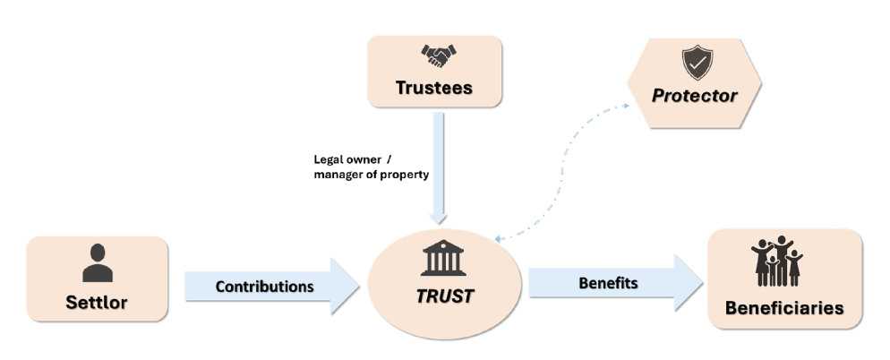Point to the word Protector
pyautogui.click(x=695, y=96)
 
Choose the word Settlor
pyautogui.click(x=97, y=302)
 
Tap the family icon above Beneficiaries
pyautogui.click(x=775, y=261)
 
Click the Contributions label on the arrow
pyautogui.click(x=264, y=287)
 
